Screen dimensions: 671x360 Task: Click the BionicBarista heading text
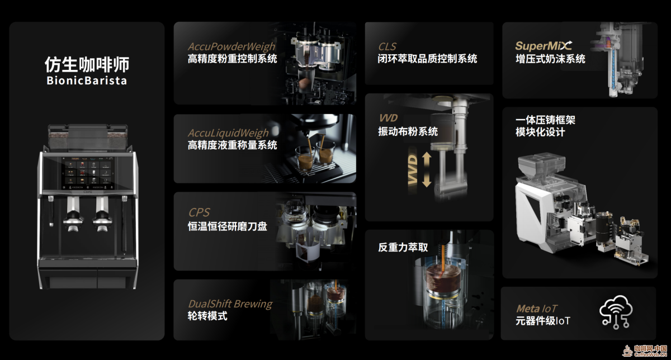click(87, 80)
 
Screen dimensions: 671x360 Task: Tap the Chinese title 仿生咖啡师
click(87, 64)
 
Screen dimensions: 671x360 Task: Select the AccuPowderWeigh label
click(231, 47)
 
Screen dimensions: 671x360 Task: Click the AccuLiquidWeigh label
click(228, 133)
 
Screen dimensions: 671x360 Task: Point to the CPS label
click(199, 212)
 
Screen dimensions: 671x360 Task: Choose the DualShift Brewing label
click(230, 304)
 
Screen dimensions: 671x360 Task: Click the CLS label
click(387, 46)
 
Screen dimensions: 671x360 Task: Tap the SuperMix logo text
click(544, 46)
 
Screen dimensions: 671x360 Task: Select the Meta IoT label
click(536, 309)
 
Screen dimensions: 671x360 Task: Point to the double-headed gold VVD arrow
click(427, 169)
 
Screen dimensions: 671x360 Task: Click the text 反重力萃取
click(403, 248)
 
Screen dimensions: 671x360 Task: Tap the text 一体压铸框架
click(545, 120)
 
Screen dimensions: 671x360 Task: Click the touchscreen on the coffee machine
click(88, 173)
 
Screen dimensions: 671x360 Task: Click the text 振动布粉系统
click(408, 131)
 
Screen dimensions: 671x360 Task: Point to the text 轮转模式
click(207, 316)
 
